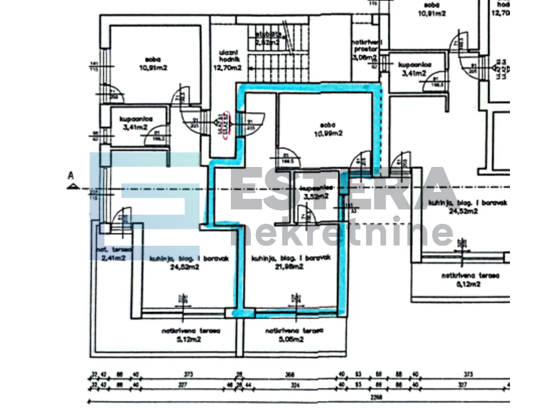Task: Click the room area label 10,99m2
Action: click(x=329, y=133)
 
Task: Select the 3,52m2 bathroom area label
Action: click(x=316, y=197)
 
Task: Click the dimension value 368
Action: click(x=290, y=375)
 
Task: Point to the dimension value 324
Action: click(x=293, y=385)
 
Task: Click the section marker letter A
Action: click(x=71, y=177)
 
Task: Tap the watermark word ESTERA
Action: click(x=341, y=189)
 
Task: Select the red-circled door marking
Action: click(x=223, y=122)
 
